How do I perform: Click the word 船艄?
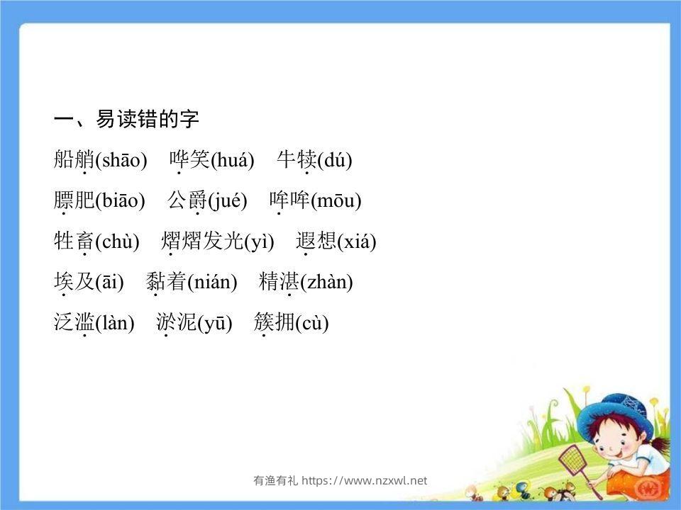click(x=74, y=160)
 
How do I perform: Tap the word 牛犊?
click(x=296, y=160)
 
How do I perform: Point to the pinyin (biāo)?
click(x=120, y=201)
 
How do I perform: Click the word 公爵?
click(x=187, y=200)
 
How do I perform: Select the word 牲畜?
click(x=74, y=242)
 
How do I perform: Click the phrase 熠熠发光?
click(x=202, y=242)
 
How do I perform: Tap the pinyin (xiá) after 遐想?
click(x=357, y=242)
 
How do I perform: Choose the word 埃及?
click(x=74, y=282)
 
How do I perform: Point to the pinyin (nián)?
click(x=212, y=283)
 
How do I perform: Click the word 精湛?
click(x=279, y=282)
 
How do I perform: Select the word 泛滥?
click(x=74, y=323)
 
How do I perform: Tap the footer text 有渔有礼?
click(x=275, y=481)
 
